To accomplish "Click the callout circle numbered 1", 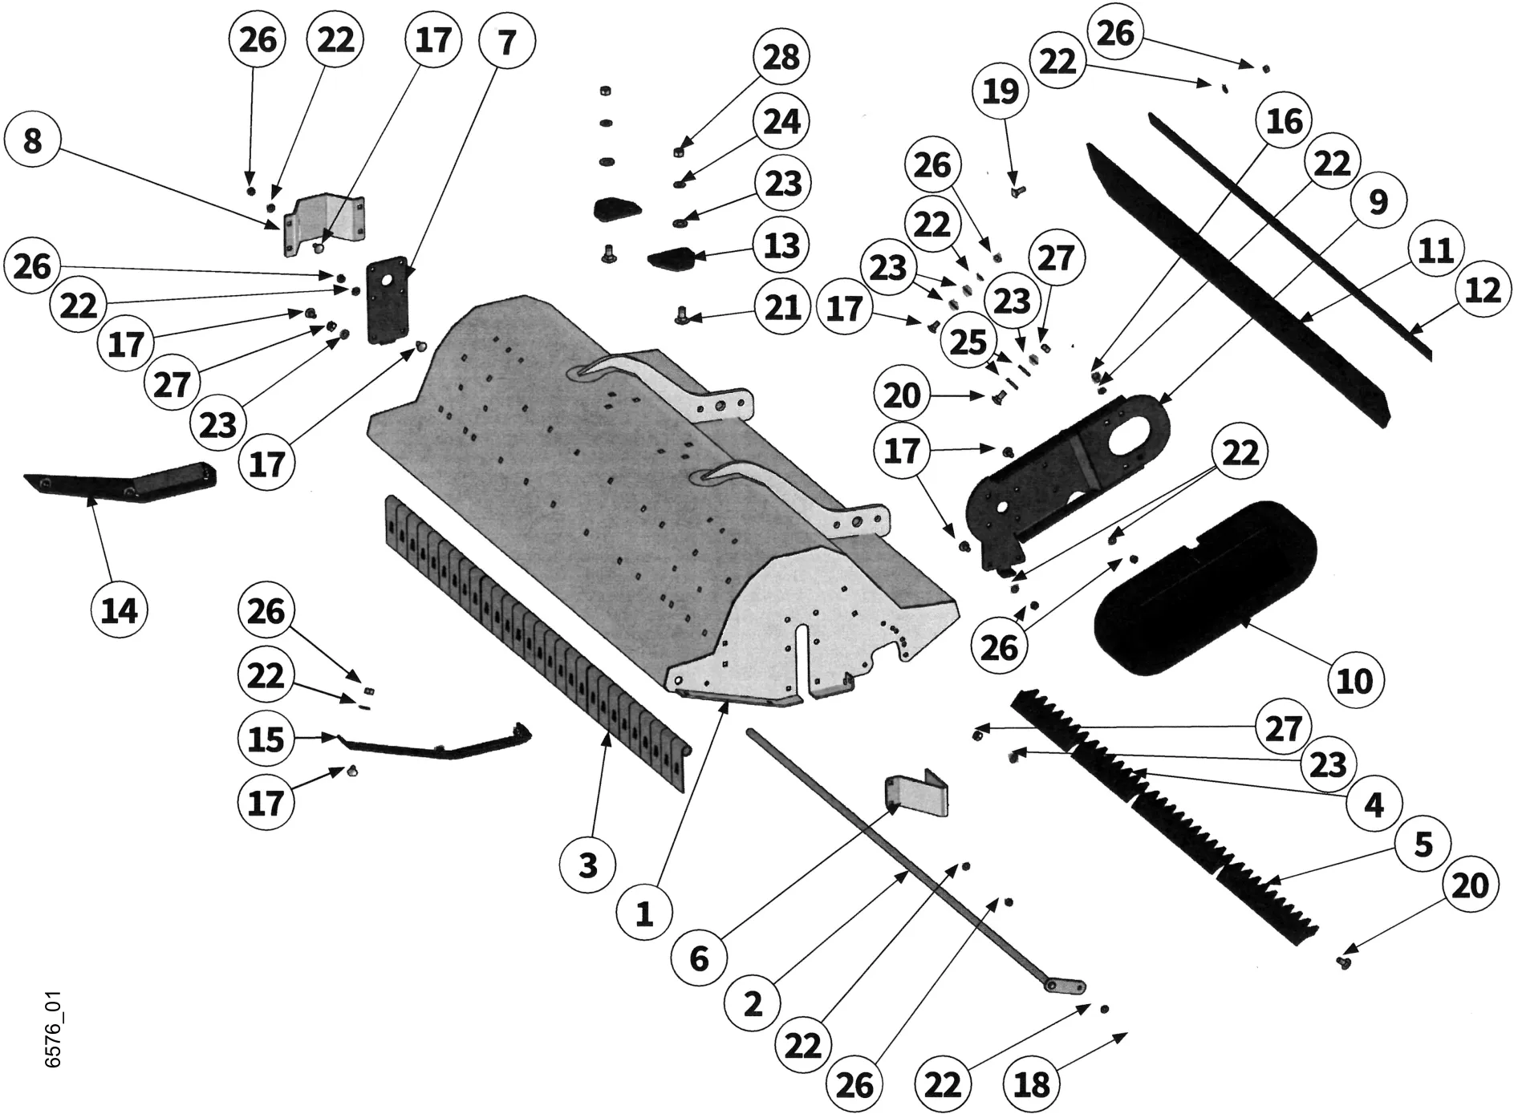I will click(x=644, y=913).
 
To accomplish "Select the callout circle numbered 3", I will click(x=588, y=865).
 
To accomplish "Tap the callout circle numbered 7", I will click(x=506, y=42).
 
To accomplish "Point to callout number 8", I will click(x=32, y=142).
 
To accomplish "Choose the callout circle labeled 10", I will click(x=1354, y=681).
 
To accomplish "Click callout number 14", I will click(x=120, y=611).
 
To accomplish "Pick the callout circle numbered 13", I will click(x=781, y=245).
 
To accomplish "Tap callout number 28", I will click(x=781, y=58).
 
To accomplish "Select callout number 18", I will click(x=1032, y=1084).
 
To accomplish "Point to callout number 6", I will click(x=699, y=958).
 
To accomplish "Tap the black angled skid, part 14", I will click(x=120, y=481).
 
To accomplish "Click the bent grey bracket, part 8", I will click(x=325, y=224).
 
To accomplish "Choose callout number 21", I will click(x=781, y=307).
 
